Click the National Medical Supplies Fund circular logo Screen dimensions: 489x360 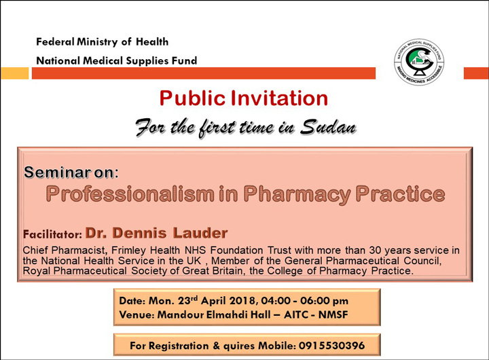(419, 62)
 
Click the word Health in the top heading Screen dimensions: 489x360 (152, 41)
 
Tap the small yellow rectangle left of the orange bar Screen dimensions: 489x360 (15, 73)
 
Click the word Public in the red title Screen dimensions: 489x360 (192, 98)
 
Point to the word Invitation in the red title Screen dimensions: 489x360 (279, 98)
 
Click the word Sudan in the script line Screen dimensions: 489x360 (328, 126)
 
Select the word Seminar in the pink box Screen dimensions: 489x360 (57, 172)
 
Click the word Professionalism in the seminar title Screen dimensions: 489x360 (130, 194)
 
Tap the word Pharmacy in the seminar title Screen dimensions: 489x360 (297, 194)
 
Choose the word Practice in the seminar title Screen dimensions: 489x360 (400, 194)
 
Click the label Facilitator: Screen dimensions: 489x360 (52, 234)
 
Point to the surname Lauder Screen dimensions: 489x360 (200, 233)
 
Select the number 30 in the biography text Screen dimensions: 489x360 (375, 250)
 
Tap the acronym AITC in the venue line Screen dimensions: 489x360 (296, 314)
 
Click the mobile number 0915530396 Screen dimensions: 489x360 (331, 345)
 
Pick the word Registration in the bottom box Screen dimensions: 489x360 (179, 346)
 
